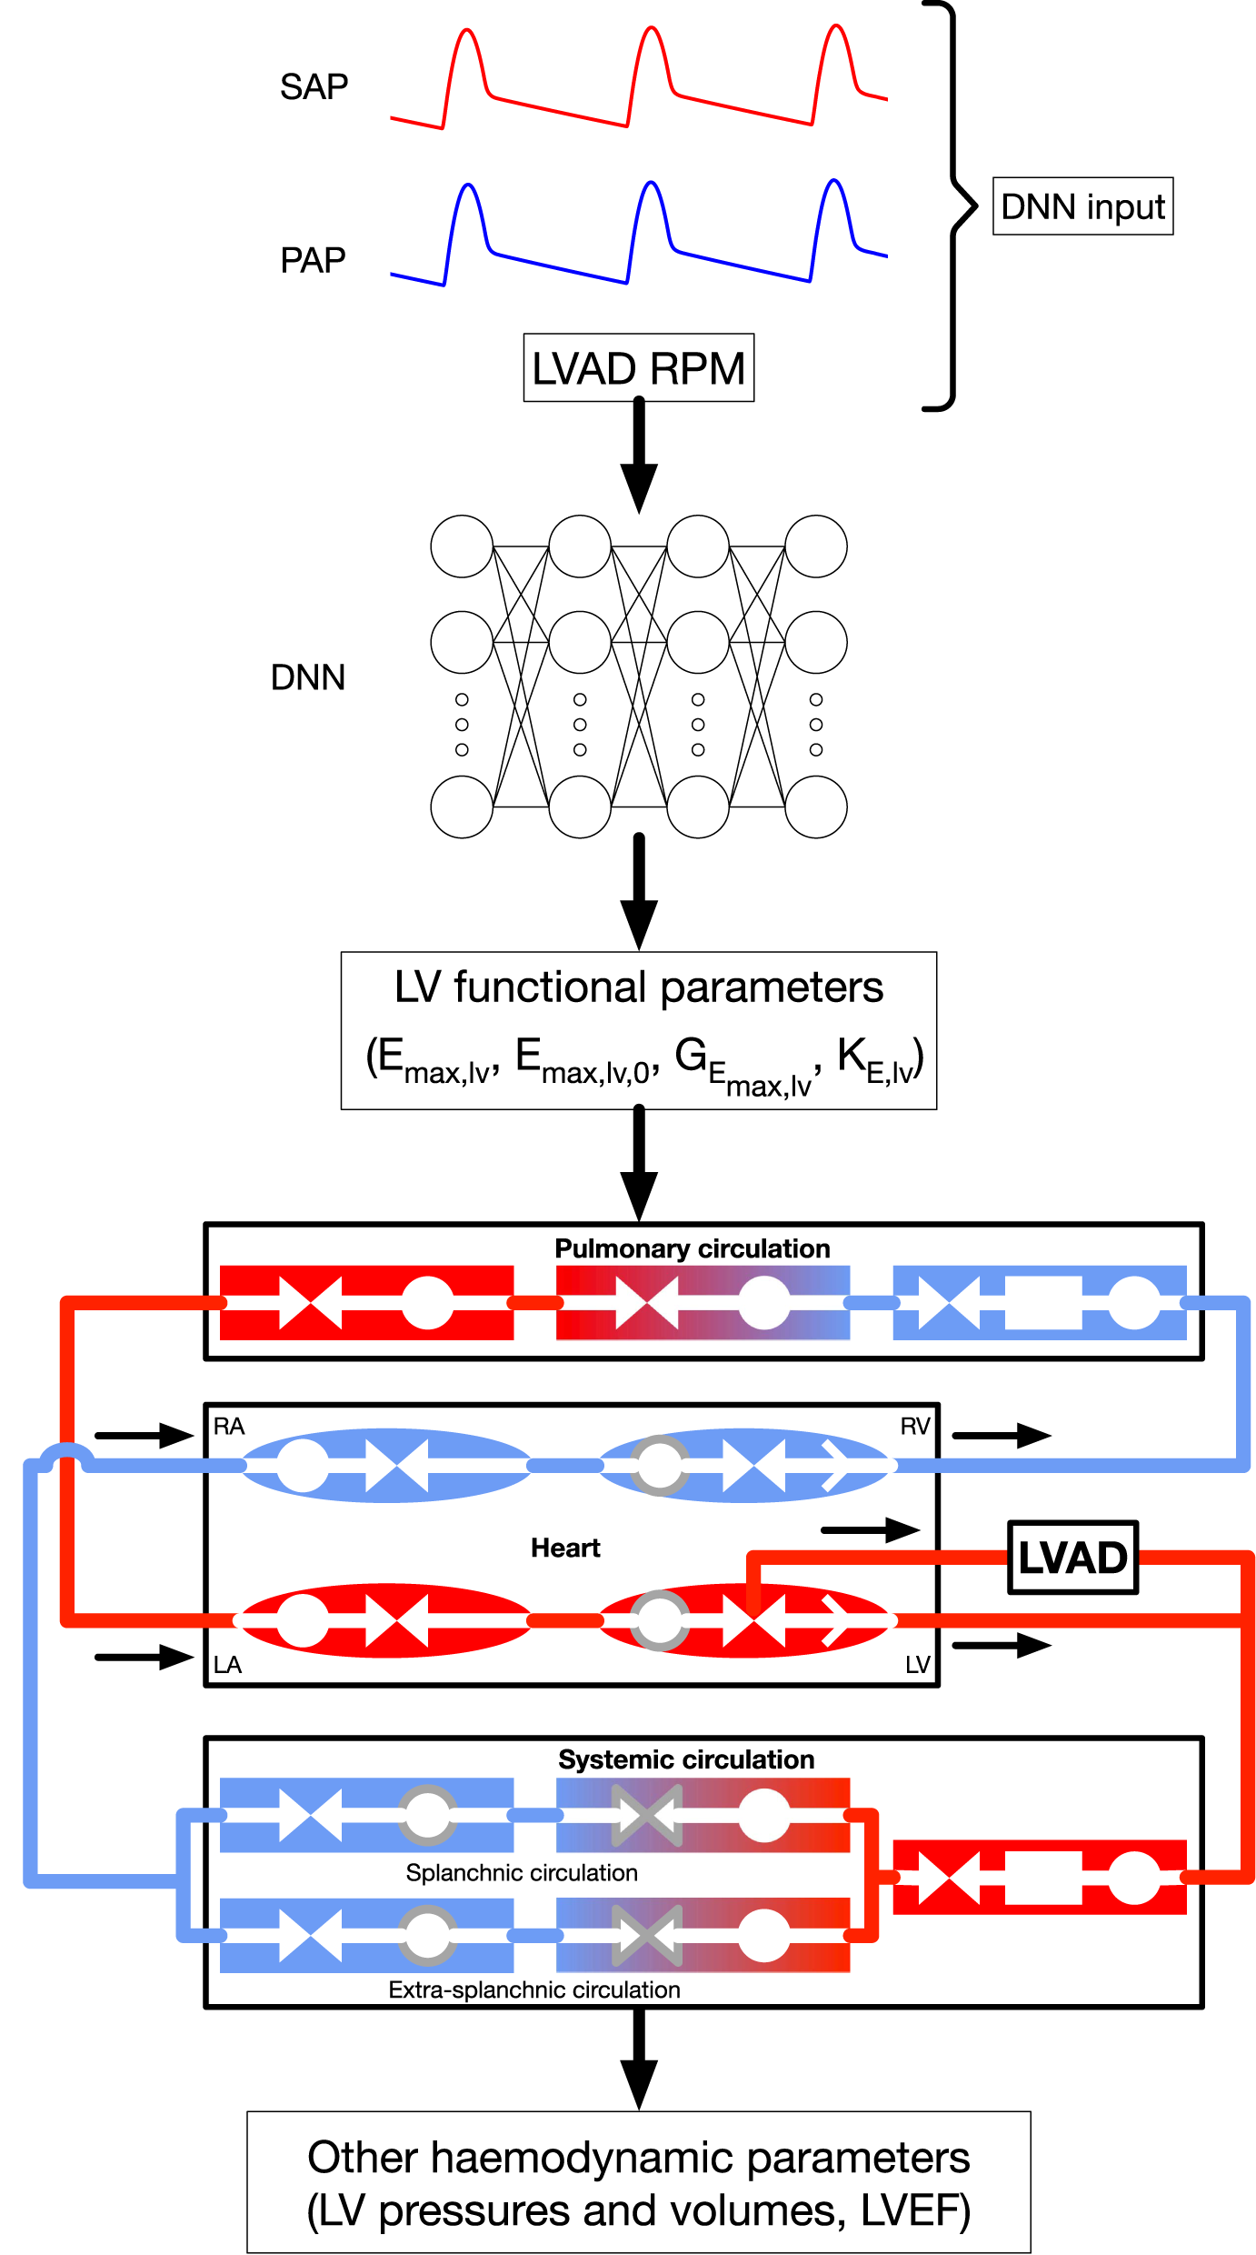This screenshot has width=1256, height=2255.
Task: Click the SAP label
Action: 314,87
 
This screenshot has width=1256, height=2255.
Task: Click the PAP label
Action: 313,261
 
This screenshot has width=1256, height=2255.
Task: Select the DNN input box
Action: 1082,206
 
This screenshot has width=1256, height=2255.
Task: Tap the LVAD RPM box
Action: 638,368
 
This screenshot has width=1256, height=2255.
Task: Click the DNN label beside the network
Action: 308,677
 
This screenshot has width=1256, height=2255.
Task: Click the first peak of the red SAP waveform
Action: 467,32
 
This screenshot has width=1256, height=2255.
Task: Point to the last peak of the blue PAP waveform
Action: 833,182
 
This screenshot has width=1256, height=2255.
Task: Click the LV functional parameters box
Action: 638,1030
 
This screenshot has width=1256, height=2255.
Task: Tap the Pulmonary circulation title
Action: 692,1248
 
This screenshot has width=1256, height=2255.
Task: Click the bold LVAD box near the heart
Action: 1072,1558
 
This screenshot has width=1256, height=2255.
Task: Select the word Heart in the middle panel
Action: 565,1548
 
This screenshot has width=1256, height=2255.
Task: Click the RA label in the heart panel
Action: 229,1426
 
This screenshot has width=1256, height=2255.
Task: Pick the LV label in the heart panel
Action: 917,1665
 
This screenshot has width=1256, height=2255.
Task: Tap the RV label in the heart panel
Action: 915,1426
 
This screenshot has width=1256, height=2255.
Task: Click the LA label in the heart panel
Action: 227,1665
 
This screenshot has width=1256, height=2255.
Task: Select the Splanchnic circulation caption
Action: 522,1872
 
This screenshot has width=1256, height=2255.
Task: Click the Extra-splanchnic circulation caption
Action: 534,1989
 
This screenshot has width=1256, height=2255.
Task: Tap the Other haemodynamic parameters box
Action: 638,2182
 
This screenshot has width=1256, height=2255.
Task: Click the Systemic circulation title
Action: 686,1759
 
